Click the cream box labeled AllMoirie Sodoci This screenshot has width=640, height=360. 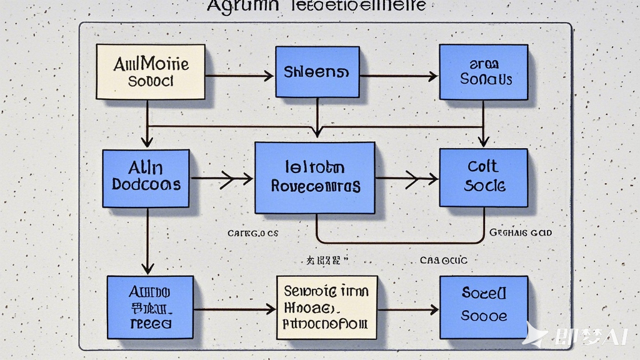[x=150, y=72]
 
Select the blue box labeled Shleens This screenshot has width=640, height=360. [x=317, y=72]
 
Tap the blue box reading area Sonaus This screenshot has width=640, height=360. [x=484, y=72]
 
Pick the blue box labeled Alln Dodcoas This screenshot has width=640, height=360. [x=146, y=178]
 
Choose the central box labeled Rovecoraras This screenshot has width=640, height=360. [x=315, y=177]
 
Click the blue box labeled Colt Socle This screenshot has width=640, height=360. [x=482, y=177]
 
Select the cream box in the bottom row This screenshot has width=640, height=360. [x=327, y=307]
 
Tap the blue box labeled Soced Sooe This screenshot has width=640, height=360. [x=484, y=307]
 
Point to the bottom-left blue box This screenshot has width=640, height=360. [x=150, y=307]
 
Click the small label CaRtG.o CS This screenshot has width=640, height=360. [x=252, y=233]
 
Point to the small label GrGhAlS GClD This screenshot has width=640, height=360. [x=521, y=232]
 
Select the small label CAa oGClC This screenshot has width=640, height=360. [x=443, y=260]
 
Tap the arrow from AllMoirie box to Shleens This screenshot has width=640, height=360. [x=239, y=76]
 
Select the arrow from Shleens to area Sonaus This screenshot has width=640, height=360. [x=398, y=76]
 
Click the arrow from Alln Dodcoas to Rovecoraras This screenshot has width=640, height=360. [x=221, y=179]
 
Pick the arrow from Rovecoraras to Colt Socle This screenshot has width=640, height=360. [x=407, y=179]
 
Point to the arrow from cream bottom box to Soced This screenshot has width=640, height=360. [x=408, y=309]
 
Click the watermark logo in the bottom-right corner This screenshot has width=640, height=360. [x=575, y=336]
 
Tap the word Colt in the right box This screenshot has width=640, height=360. [x=482, y=166]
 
